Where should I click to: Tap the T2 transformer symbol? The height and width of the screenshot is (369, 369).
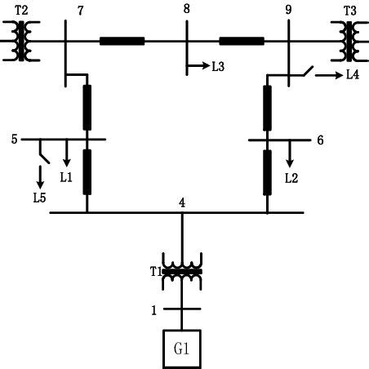click(x=21, y=41)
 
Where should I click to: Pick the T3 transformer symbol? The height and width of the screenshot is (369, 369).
click(x=349, y=41)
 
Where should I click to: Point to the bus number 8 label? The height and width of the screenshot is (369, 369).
click(x=186, y=9)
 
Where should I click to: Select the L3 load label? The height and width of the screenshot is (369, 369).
click(x=218, y=66)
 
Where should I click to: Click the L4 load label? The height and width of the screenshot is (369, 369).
click(x=352, y=76)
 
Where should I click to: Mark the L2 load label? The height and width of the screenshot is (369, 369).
click(x=291, y=177)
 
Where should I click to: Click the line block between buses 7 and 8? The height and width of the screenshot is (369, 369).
click(x=122, y=40)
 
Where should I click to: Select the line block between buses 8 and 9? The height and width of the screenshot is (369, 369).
click(x=242, y=40)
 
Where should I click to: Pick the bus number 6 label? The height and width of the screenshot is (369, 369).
click(x=320, y=140)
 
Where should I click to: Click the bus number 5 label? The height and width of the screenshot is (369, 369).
click(x=14, y=139)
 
